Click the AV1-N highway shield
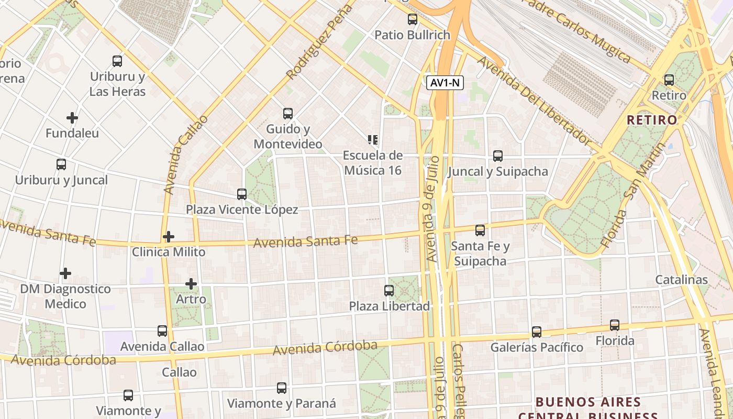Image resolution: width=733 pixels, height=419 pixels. point(445,83)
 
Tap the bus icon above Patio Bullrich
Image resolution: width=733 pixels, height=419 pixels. point(413,20)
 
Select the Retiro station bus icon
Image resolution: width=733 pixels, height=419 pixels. point(669,80)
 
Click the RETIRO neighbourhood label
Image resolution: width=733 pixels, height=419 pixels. point(652,120)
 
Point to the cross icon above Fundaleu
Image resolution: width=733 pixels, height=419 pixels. point(72,118)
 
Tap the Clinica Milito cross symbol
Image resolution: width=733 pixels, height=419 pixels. point(168,237)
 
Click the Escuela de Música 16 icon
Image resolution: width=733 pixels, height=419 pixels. point(373,140)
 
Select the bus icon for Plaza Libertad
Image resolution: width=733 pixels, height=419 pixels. point(389,291)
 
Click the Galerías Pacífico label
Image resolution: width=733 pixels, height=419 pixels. point(537,347)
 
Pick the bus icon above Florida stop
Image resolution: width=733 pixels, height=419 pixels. point(615,325)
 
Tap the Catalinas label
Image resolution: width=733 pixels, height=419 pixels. point(682,280)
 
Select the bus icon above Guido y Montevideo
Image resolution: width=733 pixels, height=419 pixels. point(287,114)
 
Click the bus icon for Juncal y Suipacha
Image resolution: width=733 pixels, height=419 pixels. point(498,156)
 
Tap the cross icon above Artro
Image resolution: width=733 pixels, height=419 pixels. point(191,284)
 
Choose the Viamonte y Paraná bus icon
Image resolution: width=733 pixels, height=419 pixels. point(282,388)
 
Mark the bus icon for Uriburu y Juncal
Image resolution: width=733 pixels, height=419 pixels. point(61,164)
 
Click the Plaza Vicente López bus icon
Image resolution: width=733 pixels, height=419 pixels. point(242,194)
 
